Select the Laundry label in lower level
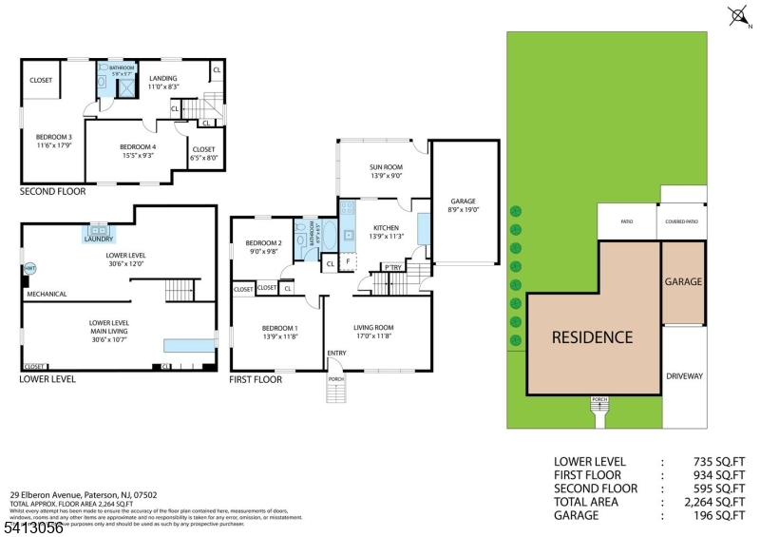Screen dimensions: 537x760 [x=99, y=239]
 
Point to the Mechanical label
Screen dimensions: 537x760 [x=47, y=294]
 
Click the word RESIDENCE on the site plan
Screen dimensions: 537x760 [x=593, y=336]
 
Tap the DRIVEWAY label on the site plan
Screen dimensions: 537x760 [x=684, y=376]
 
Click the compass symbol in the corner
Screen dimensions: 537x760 [x=738, y=14]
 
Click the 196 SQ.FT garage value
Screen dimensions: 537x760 [x=713, y=514]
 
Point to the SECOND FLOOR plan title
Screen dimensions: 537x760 [x=52, y=191]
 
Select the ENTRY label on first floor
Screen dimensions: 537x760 [x=336, y=354]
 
